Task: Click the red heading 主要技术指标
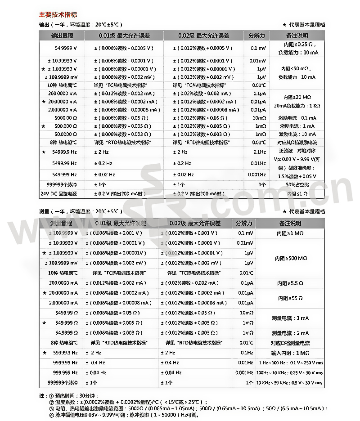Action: [x=58, y=14]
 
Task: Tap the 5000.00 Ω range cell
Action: [x=66, y=118]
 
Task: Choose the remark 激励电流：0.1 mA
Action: [x=297, y=118]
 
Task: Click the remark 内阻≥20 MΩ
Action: [x=297, y=97]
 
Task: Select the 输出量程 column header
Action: [x=62, y=36]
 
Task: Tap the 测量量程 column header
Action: [x=61, y=223]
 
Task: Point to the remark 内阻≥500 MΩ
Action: [x=291, y=258]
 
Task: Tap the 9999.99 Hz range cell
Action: [x=65, y=363]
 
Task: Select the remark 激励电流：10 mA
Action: [x=297, y=134]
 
